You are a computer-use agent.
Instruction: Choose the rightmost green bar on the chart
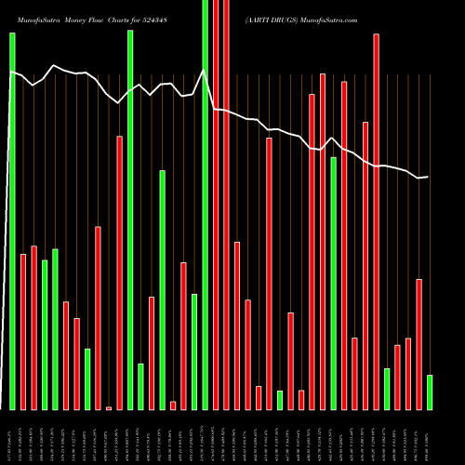point(430,392)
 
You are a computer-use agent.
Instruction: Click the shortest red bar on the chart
point(109,408)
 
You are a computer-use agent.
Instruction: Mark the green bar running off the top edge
point(206,205)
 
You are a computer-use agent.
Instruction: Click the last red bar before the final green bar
point(419,344)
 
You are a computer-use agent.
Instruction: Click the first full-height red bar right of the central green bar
point(216,205)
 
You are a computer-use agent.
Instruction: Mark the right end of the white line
point(428,177)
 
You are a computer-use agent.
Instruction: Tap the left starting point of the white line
point(9,71)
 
